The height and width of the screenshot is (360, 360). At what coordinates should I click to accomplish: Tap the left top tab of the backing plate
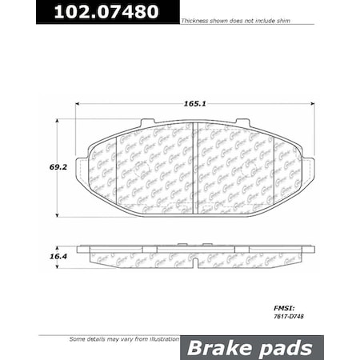[146, 122]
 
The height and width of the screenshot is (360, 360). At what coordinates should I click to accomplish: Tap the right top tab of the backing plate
[246, 122]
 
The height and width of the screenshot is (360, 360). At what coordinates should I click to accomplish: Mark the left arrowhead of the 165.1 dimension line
[78, 104]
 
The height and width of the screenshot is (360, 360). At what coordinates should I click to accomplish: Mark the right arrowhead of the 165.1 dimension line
[312, 104]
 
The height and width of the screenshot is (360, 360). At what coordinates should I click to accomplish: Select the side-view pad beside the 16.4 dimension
[196, 257]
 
